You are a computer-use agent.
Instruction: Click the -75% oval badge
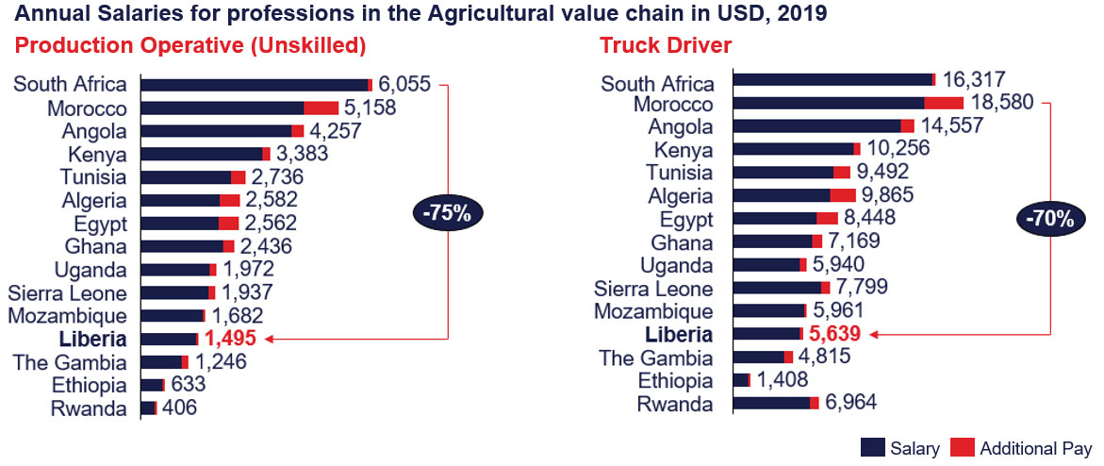click(x=447, y=213)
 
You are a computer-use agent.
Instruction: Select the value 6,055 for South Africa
click(x=405, y=85)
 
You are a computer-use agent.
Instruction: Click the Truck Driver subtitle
click(x=666, y=45)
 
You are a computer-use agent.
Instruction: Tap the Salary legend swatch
click(x=872, y=447)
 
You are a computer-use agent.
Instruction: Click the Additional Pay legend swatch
click(x=961, y=447)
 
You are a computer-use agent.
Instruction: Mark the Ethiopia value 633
click(x=187, y=385)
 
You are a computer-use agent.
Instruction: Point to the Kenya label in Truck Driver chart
click(x=684, y=149)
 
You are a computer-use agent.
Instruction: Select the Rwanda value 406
click(x=179, y=408)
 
